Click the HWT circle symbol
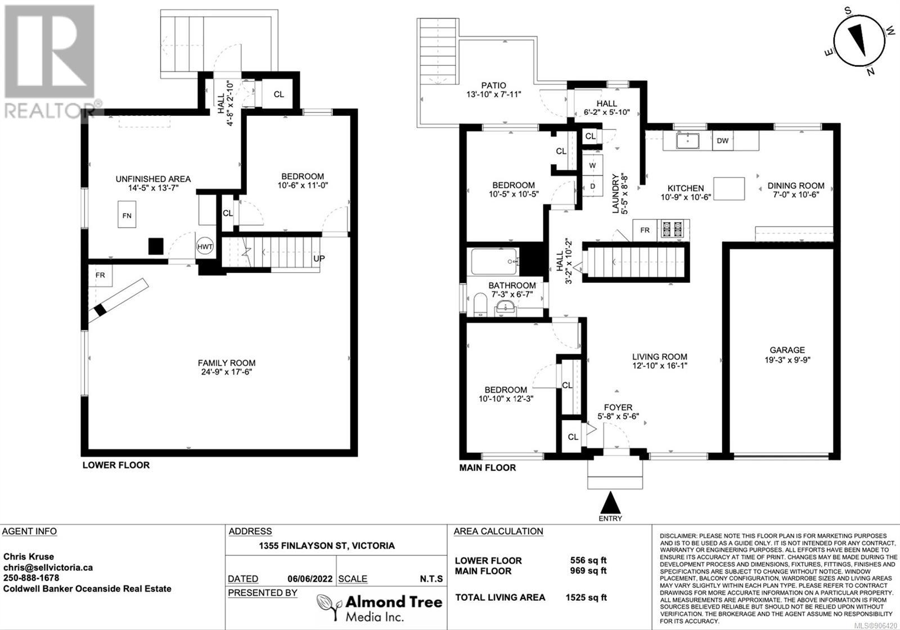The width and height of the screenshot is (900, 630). point(205,247)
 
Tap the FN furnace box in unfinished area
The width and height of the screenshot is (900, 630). point(127,215)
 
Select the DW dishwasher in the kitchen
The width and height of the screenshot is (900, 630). point(722,141)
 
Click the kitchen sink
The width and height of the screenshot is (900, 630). point(688,141)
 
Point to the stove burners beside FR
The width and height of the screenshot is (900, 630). point(673,230)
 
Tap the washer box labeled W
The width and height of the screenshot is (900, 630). point(593,165)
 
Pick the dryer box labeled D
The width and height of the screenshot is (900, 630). point(593,186)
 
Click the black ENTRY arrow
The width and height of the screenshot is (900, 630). point(610,503)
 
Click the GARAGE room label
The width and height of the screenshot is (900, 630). point(787,350)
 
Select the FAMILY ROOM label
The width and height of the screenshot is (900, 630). point(227,362)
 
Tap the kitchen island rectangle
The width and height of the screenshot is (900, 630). point(729,188)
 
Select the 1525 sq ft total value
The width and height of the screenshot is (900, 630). point(586,597)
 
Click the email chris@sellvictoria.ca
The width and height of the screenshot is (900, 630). point(48,568)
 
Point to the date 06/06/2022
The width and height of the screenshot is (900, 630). point(310,579)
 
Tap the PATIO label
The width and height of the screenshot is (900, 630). point(494,85)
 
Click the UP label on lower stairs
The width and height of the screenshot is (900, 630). point(319,258)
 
